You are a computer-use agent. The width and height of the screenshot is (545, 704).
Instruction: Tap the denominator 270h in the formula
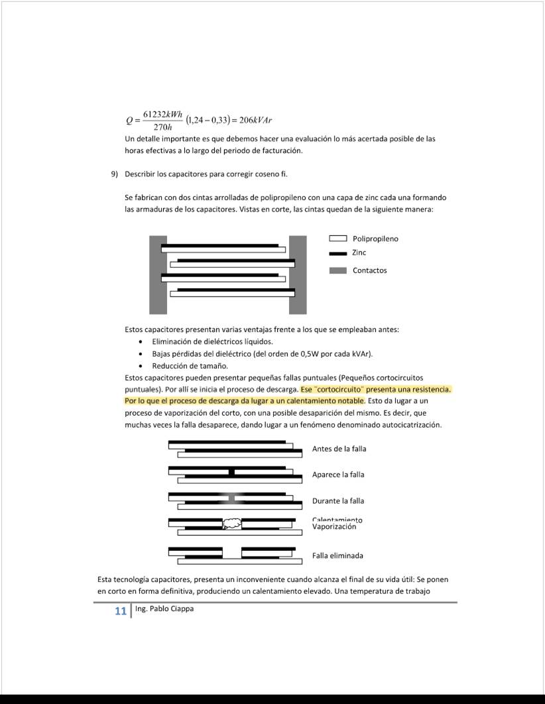[162, 127]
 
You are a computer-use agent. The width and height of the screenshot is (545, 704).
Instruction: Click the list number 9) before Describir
[114, 174]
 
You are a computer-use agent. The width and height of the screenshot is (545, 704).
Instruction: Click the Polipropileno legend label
[375, 239]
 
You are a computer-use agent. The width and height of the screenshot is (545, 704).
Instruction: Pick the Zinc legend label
[359, 253]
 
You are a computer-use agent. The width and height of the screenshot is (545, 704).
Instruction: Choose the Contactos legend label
[369, 270]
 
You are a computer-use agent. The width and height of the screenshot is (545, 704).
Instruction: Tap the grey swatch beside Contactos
[338, 270]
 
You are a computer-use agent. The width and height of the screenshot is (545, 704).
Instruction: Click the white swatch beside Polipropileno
[338, 239]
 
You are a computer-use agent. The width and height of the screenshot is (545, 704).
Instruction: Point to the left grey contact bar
[158, 274]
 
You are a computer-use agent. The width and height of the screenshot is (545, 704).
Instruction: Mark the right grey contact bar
[298, 274]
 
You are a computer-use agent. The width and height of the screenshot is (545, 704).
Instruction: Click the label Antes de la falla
[339, 449]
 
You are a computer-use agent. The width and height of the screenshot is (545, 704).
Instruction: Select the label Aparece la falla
[338, 475]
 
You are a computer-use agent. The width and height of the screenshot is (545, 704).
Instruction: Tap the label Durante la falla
[338, 501]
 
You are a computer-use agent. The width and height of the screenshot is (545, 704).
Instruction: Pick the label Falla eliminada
[337, 556]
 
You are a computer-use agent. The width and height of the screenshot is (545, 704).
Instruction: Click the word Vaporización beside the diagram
[334, 527]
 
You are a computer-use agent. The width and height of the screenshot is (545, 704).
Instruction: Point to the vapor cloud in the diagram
[231, 523]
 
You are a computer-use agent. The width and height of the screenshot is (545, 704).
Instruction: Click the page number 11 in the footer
[120, 611]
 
